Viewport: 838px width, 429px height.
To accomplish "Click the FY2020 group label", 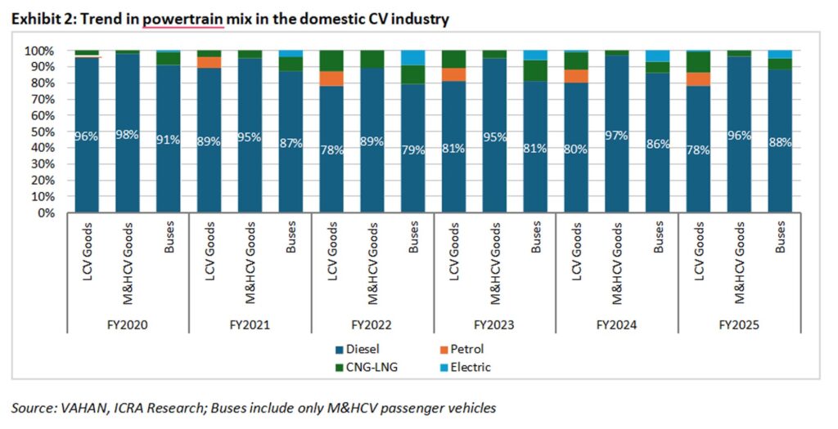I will pos(128,324).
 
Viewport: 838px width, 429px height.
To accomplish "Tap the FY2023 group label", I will pos(494,324).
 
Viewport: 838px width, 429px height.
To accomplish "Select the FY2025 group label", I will pos(738,324).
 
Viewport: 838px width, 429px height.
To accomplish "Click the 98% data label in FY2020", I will pos(128,136).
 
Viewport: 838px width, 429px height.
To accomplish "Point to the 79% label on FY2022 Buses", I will pos(413,150).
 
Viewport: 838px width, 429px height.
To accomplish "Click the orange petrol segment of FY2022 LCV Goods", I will pos(331,78).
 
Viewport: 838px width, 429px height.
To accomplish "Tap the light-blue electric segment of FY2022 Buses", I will pos(413,58).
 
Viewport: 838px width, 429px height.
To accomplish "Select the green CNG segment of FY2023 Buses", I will pos(535,71).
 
